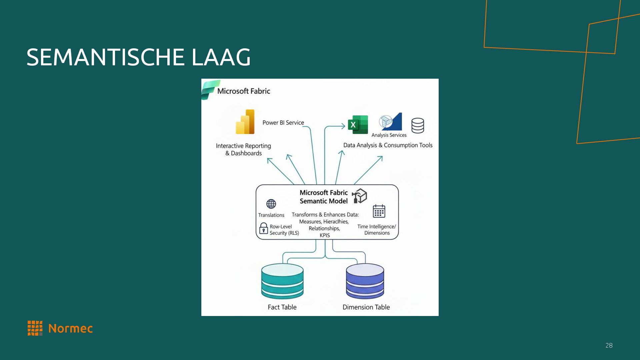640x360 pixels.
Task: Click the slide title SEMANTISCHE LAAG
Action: coord(138,57)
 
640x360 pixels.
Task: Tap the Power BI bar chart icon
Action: coord(245,122)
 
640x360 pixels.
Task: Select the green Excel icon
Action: coord(357,125)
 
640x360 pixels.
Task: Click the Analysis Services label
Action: coord(389,135)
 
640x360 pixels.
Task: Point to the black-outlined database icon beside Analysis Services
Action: coord(417,126)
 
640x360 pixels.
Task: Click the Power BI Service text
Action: coord(283,123)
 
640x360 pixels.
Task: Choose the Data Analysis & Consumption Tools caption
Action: coord(388,145)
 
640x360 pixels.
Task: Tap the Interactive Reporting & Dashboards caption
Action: coord(243,149)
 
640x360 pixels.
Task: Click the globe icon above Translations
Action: coord(271,204)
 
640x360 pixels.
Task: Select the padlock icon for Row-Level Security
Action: coord(263,229)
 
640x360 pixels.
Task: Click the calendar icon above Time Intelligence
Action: coord(379,211)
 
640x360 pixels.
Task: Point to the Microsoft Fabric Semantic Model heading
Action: coord(323,197)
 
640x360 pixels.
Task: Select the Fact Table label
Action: coord(282,307)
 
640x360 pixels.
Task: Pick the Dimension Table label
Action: coord(366,307)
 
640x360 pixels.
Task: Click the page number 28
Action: coord(609,345)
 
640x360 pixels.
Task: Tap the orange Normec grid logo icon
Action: coord(35,328)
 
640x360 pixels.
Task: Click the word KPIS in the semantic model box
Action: coord(325,235)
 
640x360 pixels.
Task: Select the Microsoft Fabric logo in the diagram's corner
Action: coord(210,89)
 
